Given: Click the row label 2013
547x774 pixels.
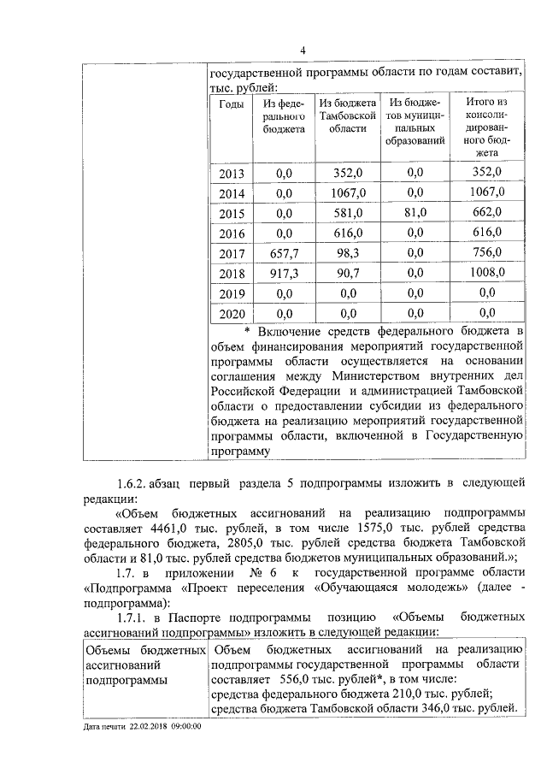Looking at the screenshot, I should click(231, 174).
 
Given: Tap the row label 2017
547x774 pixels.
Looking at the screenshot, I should click(231, 253).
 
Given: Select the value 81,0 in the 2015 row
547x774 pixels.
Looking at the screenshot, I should click(415, 213).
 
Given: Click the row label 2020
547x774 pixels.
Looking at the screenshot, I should click(231, 313).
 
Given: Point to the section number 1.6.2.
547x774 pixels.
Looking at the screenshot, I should click(134, 485).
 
